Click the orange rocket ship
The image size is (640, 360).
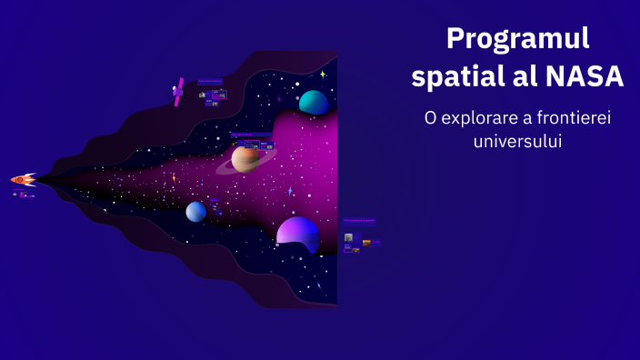click(24, 180)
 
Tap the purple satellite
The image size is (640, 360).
click(179, 91)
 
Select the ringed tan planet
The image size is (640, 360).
click(245, 159)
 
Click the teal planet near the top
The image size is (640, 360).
click(314, 102)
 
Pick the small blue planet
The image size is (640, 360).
click(196, 212)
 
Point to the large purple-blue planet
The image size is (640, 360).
click(298, 234)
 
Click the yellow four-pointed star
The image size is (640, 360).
click(323, 74)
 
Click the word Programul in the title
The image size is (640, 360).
click(518, 38)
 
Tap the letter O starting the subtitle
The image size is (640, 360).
click(429, 118)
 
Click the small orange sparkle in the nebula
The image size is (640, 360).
click(174, 177)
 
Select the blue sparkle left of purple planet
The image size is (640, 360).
click(290, 192)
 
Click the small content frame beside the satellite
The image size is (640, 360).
click(213, 94)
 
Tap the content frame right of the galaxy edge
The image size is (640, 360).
click(360, 235)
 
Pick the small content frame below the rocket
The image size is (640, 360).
click(25, 195)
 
